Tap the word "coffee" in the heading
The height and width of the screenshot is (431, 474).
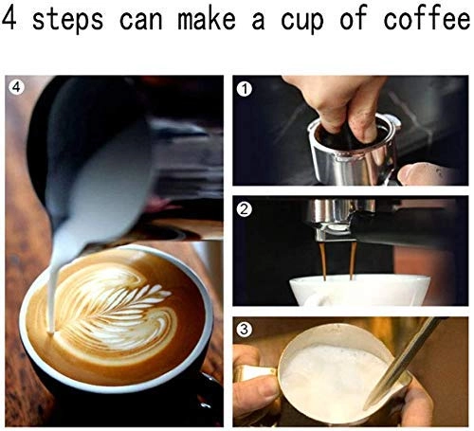pyautogui.click(x=423, y=21)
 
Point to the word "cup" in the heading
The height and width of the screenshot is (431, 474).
pyautogui.click(x=314, y=21)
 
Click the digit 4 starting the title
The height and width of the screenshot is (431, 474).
pyautogui.click(x=11, y=21)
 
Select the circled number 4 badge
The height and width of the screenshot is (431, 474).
pyautogui.click(x=15, y=90)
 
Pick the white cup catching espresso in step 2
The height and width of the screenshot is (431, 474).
pyautogui.click(x=351, y=289)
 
